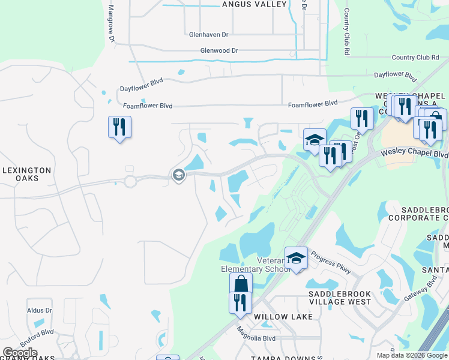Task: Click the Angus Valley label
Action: [255, 4]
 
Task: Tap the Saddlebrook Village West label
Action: [340, 298]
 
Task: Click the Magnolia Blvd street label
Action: [256, 338]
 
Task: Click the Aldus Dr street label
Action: [40, 310]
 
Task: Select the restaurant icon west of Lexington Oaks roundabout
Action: [119, 127]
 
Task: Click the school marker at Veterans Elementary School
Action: [296, 258]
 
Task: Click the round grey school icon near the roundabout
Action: [178, 175]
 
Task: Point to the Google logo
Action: [20, 353]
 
